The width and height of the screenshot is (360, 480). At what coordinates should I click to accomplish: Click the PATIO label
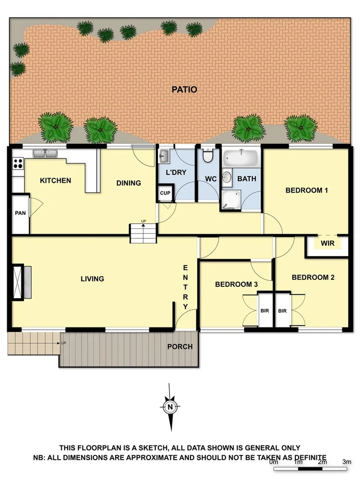click(x=184, y=90)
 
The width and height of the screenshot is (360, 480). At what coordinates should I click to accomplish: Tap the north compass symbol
click(x=170, y=407)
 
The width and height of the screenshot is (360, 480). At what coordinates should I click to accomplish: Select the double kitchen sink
click(x=45, y=154)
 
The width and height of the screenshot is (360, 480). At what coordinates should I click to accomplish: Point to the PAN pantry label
click(x=21, y=213)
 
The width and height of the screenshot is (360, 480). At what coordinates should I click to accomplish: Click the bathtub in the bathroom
click(x=241, y=158)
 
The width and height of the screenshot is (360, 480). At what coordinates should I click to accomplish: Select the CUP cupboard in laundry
click(x=165, y=193)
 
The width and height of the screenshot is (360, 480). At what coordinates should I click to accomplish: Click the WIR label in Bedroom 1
click(x=327, y=244)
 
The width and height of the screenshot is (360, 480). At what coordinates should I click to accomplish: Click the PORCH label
click(x=180, y=347)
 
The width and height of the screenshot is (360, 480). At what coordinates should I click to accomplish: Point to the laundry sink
click(x=164, y=156)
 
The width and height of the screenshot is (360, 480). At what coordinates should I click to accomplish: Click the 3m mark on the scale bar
click(x=347, y=462)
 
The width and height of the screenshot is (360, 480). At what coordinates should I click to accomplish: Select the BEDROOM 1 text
click(x=306, y=190)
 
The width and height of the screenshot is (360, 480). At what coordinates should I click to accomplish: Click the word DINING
click(x=129, y=183)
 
